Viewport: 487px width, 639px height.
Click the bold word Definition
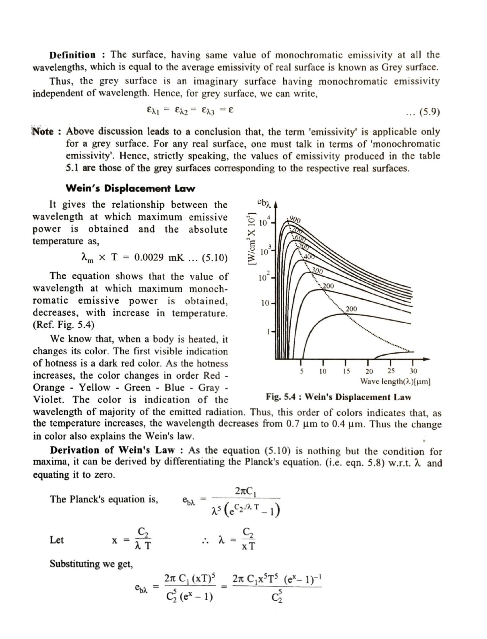(72, 55)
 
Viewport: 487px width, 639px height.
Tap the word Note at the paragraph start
(43, 131)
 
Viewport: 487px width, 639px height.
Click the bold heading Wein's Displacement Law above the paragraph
(130, 188)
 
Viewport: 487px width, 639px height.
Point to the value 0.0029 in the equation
(149, 258)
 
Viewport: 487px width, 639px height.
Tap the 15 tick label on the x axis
(346, 371)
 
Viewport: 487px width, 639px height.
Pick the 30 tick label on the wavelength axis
(413, 371)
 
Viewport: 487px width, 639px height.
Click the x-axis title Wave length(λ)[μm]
(395, 381)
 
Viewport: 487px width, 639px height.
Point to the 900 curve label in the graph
(295, 220)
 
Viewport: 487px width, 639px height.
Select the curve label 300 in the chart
(317, 271)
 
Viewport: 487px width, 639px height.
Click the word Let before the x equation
(57, 540)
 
